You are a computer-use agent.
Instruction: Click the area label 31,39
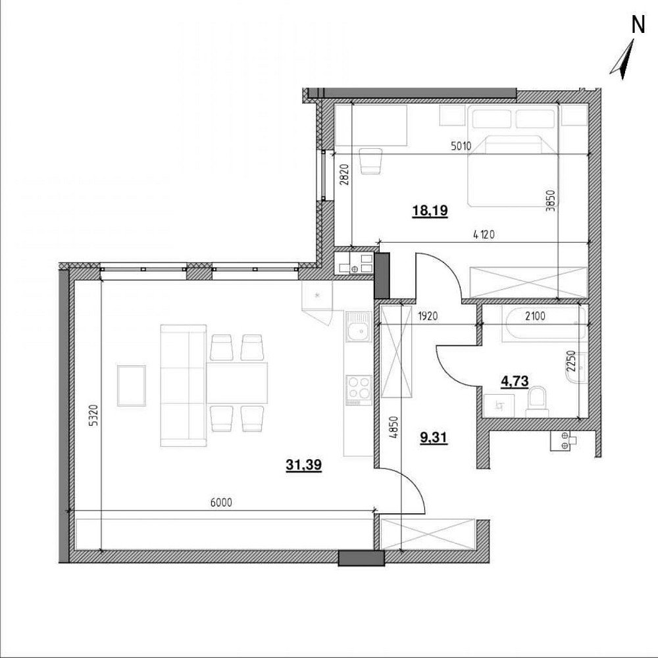point(304,465)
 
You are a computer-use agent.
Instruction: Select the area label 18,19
point(430,211)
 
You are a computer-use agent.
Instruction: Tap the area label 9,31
point(434,438)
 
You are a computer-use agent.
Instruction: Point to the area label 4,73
point(515,380)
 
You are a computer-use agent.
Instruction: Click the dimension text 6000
point(221,502)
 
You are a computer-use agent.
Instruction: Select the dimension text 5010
point(461,147)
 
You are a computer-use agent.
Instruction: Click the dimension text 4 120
point(484,235)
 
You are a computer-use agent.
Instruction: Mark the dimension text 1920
point(428,316)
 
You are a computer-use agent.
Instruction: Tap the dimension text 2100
point(536,316)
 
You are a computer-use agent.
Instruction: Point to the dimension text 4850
point(393,427)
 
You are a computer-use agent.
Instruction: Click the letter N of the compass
point(638,25)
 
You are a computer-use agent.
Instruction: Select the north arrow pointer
point(622,60)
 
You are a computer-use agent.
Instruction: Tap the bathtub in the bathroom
point(544,323)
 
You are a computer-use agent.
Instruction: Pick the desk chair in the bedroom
point(371,161)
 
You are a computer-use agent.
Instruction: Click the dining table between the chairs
point(237,382)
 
